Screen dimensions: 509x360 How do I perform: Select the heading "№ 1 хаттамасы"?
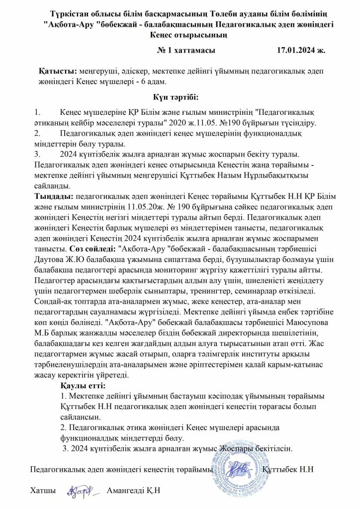click(x=186, y=51)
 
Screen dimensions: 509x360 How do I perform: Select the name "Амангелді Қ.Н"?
click(x=133, y=491)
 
